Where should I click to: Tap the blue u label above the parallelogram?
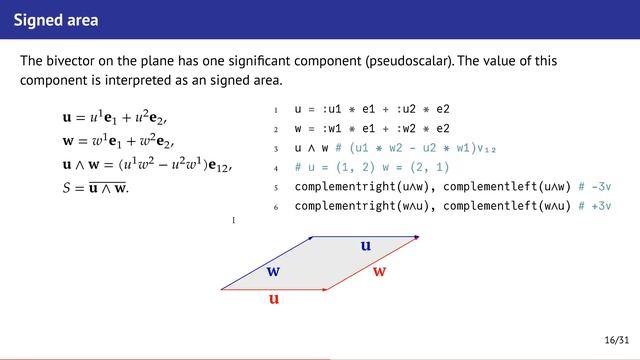click(366, 244)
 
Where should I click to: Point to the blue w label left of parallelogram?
click(273, 271)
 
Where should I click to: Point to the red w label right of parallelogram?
click(380, 272)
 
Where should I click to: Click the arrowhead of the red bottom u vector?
click(326, 290)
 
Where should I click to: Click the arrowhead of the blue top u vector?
click(416, 237)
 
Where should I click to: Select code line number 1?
click(275, 109)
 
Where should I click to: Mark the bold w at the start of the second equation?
click(68, 143)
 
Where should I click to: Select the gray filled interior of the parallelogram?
click(320, 264)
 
